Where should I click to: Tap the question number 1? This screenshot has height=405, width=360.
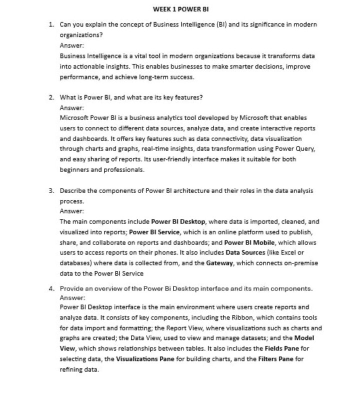[x=51, y=24]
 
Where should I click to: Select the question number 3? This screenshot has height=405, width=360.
[x=51, y=190]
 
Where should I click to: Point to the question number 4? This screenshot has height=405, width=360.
[x=51, y=288]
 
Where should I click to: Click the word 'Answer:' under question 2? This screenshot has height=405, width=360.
[x=71, y=107]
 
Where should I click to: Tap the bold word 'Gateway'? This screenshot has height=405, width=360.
[x=219, y=263]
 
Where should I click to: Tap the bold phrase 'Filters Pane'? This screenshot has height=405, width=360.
[x=274, y=359]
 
